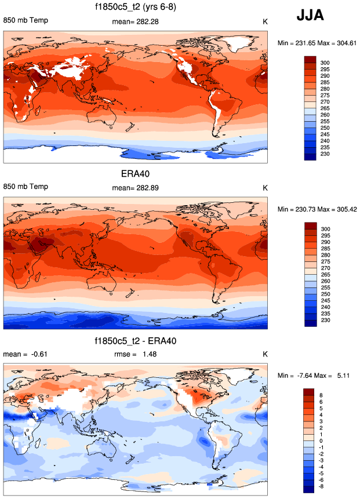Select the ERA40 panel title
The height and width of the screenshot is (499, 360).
[136, 173]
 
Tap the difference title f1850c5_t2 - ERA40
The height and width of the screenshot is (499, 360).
[136, 341]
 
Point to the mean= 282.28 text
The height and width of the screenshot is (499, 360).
[135, 21]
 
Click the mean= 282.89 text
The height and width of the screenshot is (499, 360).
[135, 188]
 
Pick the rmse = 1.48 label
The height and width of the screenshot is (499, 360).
[135, 354]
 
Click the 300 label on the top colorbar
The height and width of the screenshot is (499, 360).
[325, 61]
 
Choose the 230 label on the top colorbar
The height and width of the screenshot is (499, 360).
[325, 154]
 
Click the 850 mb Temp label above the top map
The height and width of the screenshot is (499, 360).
[26, 21]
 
